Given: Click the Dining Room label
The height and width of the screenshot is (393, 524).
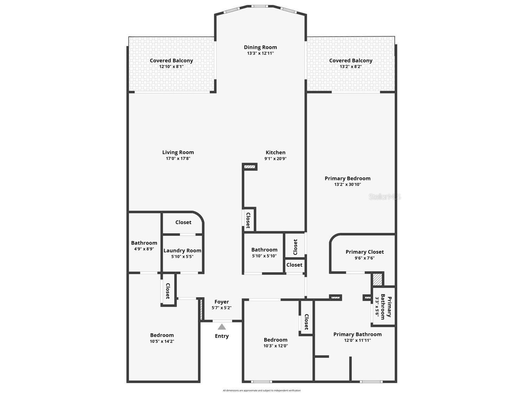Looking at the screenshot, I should click(x=260, y=47).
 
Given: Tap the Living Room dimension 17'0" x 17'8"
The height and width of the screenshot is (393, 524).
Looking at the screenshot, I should click(x=178, y=159).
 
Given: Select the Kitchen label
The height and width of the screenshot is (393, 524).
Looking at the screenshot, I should click(x=276, y=152).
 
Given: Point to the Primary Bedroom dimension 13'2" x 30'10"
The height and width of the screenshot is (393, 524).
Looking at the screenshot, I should click(x=347, y=185).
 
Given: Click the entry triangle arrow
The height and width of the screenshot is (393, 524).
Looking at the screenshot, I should click(x=222, y=327).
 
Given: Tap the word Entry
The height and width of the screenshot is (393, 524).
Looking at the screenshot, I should click(x=222, y=336).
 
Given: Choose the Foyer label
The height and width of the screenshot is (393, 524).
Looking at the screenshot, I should click(x=221, y=302).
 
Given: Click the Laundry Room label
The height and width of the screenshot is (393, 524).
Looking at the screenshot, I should click(x=182, y=251).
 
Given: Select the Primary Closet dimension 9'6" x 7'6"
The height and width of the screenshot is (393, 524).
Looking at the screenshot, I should click(x=365, y=258).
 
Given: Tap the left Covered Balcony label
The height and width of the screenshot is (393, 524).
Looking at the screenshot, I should click(x=171, y=60).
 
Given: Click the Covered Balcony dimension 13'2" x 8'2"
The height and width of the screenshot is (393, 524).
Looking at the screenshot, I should click(x=351, y=66).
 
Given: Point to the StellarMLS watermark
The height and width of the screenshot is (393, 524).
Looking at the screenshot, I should click(x=385, y=197).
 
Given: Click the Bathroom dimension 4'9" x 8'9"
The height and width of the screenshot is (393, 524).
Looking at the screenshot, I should click(x=144, y=249).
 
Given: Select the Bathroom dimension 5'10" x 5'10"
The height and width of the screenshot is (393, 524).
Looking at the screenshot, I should click(x=264, y=256).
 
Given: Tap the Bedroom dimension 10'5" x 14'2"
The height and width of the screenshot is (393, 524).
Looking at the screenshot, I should click(x=162, y=341).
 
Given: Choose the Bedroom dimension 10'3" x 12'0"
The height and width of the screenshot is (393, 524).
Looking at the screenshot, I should click(x=276, y=346).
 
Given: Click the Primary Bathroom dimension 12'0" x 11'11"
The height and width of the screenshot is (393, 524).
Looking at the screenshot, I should click(x=357, y=340).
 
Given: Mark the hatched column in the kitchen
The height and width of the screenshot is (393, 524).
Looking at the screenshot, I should click(x=250, y=167).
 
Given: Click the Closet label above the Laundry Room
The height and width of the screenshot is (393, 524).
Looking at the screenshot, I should click(x=183, y=222).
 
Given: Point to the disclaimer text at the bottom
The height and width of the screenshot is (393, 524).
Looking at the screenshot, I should click(x=262, y=391).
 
